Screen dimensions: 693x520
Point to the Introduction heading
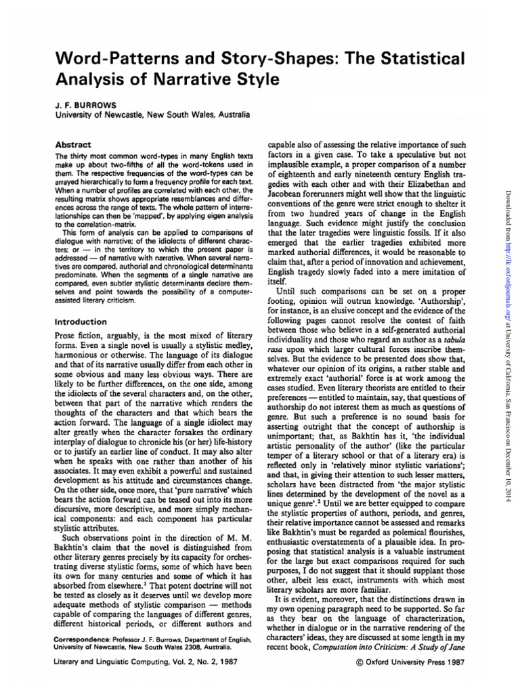click(82, 321)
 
